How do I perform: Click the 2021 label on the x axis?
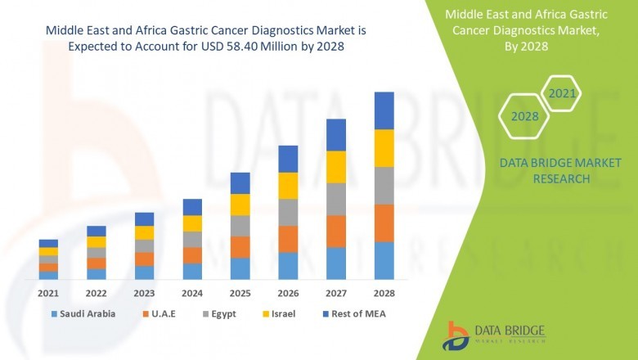[x=48, y=293]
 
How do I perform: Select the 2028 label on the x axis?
[x=384, y=293]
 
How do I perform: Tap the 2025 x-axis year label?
[x=240, y=293]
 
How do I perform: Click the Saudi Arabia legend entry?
[x=88, y=313]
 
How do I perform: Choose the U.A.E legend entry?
[x=164, y=313]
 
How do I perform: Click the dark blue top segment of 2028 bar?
[x=384, y=110]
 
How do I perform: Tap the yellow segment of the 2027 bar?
[x=336, y=167]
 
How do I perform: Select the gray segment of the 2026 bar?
[x=288, y=212]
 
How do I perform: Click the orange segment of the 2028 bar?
[x=384, y=223]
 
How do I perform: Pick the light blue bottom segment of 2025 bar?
[x=240, y=268]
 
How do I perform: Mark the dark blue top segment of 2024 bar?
[x=192, y=207]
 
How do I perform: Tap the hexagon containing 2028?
[x=524, y=117]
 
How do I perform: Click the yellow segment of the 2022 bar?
[x=97, y=242]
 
